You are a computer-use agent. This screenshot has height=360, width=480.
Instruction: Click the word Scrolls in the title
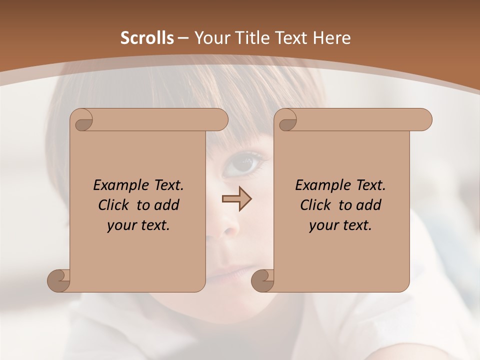147,38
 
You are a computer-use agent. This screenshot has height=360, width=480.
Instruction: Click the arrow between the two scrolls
236,199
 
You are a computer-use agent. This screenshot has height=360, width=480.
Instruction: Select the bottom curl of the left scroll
59,281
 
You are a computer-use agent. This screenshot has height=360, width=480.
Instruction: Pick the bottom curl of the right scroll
263,281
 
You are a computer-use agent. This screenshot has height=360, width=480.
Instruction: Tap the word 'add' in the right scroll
369,205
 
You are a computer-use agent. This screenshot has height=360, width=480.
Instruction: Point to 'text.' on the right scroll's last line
357,225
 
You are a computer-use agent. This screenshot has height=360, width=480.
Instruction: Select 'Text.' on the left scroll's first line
166,185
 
